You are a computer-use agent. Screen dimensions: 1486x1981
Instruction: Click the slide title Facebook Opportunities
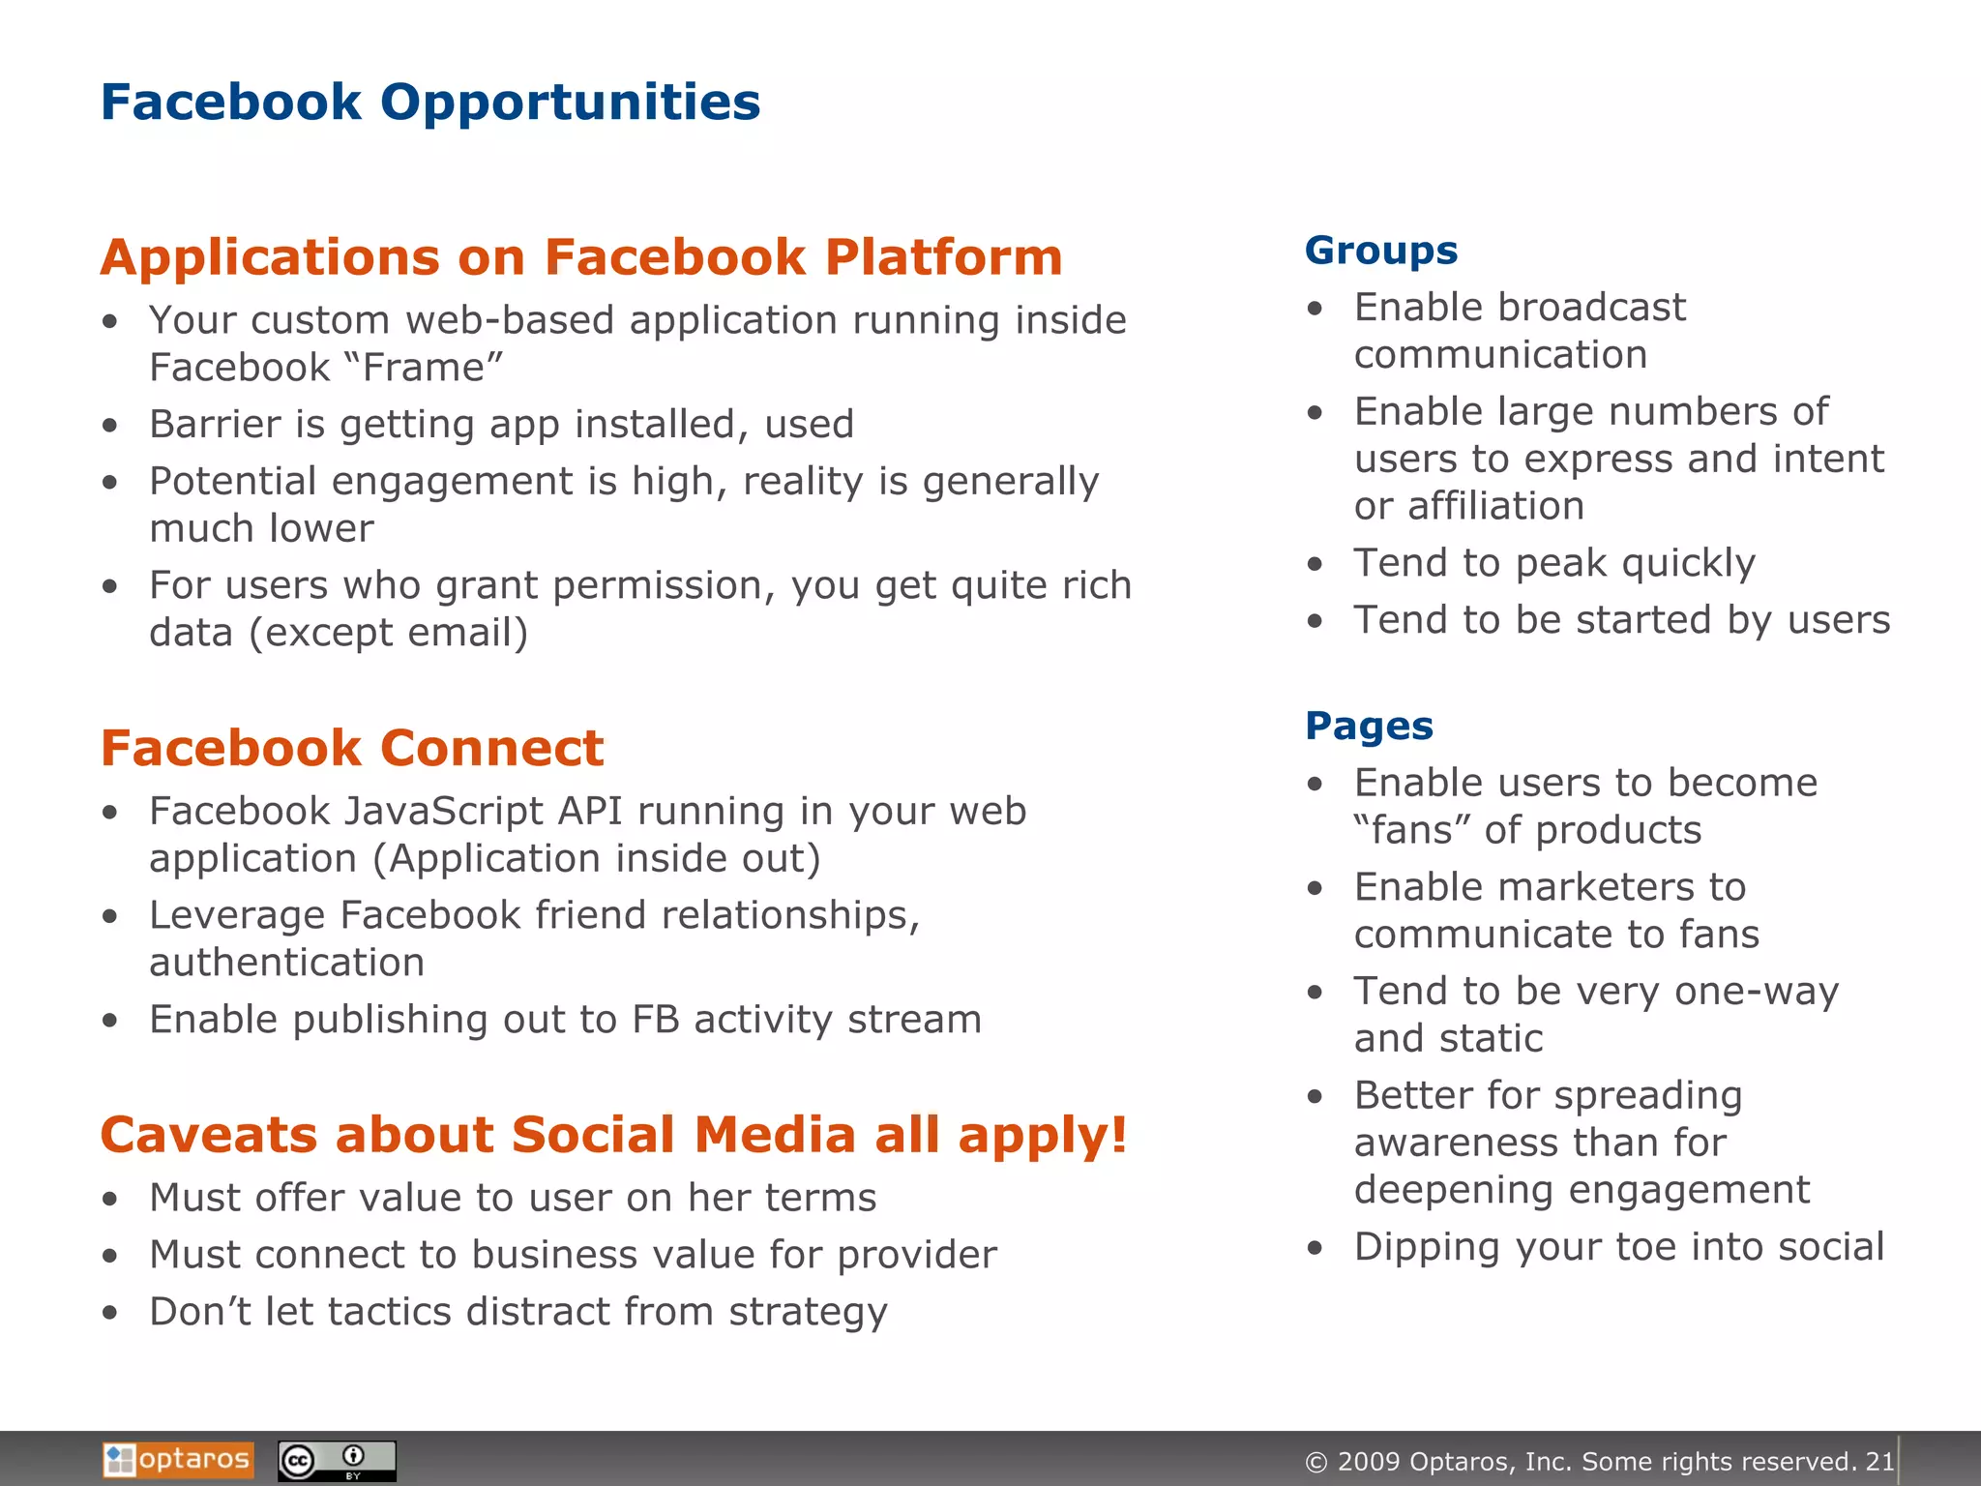tap(430, 103)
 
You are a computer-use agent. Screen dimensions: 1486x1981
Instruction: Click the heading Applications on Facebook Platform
tap(581, 257)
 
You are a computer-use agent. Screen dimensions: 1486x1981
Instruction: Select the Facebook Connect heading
tap(352, 748)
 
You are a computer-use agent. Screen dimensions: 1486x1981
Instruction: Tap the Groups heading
tap(1380, 251)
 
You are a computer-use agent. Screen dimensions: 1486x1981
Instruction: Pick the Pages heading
tap(1369, 726)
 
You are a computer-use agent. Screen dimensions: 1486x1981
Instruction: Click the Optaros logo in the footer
tap(178, 1459)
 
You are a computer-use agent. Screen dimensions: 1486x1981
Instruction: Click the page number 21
tap(1879, 1461)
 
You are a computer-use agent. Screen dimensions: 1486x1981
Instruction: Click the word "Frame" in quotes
tap(424, 368)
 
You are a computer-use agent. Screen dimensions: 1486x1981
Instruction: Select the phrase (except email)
tap(388, 633)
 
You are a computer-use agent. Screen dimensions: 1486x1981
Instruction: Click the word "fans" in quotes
tap(1411, 830)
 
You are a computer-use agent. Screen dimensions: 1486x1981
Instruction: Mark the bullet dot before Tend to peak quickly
tap(1315, 564)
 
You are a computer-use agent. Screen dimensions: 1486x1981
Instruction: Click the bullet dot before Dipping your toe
tap(1315, 1248)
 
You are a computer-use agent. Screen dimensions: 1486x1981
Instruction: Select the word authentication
tap(286, 963)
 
